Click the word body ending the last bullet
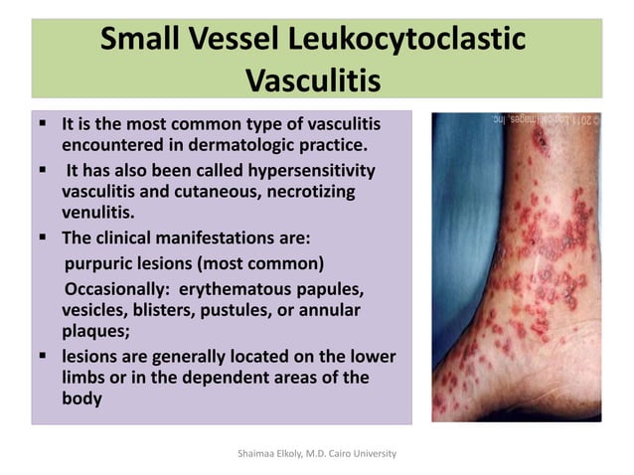pos(83,398)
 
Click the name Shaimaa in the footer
pos(253,453)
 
